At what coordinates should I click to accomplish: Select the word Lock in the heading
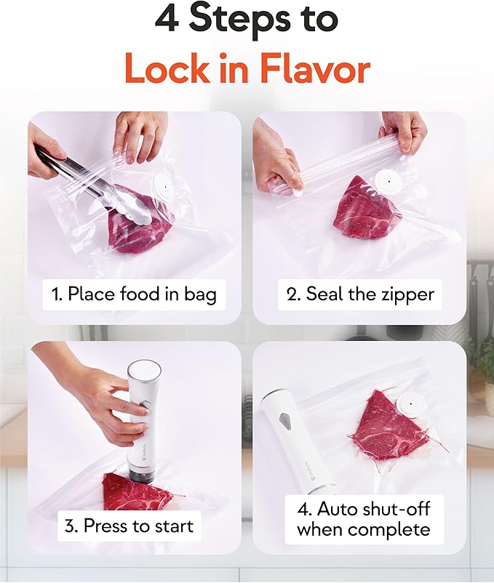[x=172, y=71]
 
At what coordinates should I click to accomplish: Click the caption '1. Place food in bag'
[x=135, y=294]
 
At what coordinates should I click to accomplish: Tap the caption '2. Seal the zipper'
[x=359, y=294]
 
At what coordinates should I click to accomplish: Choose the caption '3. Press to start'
[x=130, y=526]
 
